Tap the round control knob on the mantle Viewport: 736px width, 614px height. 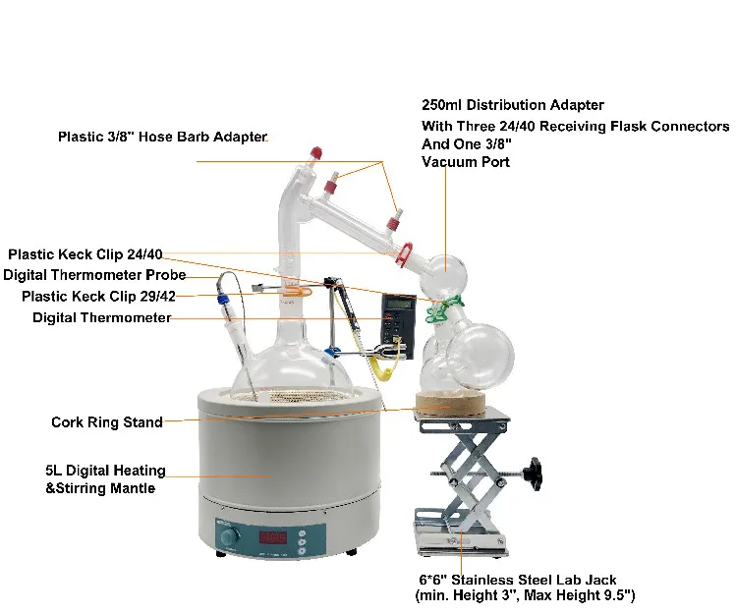click(230, 538)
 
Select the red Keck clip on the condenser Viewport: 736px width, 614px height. click(404, 256)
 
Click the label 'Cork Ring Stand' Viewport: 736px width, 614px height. click(107, 422)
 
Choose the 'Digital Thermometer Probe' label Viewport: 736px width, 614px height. click(94, 274)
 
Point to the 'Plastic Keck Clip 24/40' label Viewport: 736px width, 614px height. click(93, 253)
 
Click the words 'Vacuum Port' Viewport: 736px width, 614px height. click(466, 162)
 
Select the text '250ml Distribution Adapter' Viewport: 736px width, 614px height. click(512, 105)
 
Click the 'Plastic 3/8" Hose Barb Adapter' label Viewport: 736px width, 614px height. click(162, 138)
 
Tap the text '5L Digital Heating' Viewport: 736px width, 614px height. click(105, 471)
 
